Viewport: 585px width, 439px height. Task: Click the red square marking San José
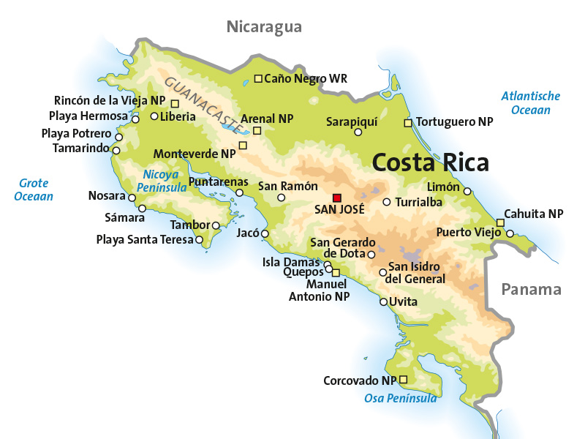pos(337,198)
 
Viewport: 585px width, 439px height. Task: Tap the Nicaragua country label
pos(264,27)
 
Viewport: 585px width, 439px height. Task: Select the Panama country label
pos(531,289)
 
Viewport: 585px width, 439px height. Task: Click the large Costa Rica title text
pos(430,162)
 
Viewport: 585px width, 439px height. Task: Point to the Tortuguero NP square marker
pos(409,123)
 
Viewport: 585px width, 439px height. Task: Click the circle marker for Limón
pos(467,192)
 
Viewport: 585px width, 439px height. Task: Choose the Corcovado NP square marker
pos(403,379)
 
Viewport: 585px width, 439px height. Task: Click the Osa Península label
pos(400,398)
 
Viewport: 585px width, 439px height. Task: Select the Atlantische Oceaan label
pos(531,102)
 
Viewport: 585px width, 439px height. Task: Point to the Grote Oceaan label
pos(34,190)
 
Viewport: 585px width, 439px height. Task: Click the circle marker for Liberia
pos(154,116)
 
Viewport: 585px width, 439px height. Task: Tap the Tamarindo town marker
pos(116,150)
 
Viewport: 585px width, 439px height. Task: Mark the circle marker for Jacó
pos(265,234)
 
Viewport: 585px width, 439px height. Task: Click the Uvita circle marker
pos(383,301)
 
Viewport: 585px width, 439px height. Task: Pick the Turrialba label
pos(418,202)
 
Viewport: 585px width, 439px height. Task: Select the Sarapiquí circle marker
pos(358,132)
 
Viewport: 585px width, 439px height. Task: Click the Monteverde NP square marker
pos(244,145)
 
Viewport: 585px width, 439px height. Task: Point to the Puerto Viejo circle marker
pos(510,234)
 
